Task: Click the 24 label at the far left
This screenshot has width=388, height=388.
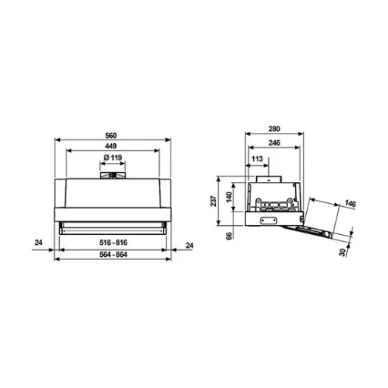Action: click(x=38, y=243)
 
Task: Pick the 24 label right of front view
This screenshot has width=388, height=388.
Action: click(x=190, y=243)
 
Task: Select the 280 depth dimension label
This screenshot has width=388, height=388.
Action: click(x=275, y=129)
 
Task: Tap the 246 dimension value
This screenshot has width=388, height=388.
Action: click(x=275, y=142)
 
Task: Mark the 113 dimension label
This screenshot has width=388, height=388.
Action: click(x=256, y=158)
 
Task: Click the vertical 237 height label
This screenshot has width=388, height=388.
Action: click(x=214, y=200)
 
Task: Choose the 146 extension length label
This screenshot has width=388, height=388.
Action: click(x=349, y=204)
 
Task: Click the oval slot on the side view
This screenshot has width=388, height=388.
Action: click(x=268, y=221)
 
